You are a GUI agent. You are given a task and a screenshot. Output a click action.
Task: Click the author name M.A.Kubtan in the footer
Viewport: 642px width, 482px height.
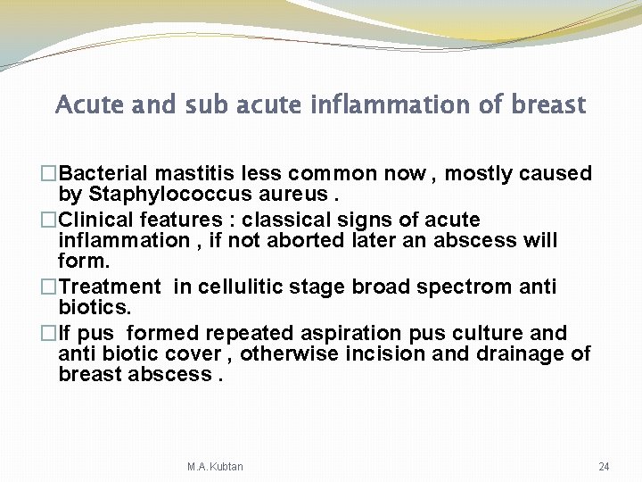(x=215, y=467)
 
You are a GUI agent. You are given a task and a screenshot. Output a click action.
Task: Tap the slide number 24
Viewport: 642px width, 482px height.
(x=604, y=467)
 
